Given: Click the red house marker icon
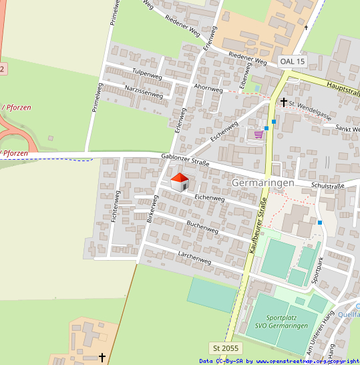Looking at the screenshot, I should coord(180,182).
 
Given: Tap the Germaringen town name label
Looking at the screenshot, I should coord(262,183).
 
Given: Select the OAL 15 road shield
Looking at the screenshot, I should coord(293,62).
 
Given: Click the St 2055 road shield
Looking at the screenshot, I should coord(225,348).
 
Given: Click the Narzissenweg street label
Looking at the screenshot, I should coord(144,92).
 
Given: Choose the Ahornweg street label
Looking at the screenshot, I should coord(208,88).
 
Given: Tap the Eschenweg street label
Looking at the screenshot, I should coord(224,129).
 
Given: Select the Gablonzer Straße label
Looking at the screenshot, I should coord(185,160).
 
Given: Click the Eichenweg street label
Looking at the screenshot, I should coord(209,198).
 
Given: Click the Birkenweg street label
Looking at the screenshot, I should coord(152,209).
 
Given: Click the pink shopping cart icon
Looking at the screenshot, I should coord(258,134).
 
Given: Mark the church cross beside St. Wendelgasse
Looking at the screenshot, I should coord(284,102).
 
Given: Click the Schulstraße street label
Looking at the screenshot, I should coord(327,185).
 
